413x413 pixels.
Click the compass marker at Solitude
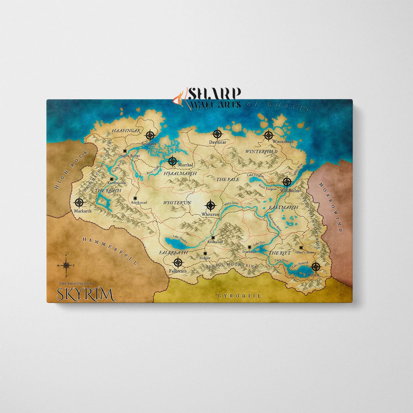(150, 135)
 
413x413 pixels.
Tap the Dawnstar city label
(217, 142)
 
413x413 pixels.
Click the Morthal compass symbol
(172, 161)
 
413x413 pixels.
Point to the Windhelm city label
(289, 190)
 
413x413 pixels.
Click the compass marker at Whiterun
(210, 205)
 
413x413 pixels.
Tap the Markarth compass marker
(79, 203)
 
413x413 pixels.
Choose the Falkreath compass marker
(178, 262)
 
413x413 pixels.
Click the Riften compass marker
(315, 267)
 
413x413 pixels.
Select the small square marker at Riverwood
(213, 237)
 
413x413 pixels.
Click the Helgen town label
(205, 258)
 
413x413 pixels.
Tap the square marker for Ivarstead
(249, 247)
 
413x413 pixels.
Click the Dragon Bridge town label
(129, 156)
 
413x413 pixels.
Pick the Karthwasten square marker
(111, 179)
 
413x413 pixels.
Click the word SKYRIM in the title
(85, 294)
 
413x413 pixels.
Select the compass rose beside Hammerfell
(66, 265)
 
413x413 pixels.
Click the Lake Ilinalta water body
(176, 242)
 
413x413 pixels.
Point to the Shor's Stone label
(306, 252)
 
